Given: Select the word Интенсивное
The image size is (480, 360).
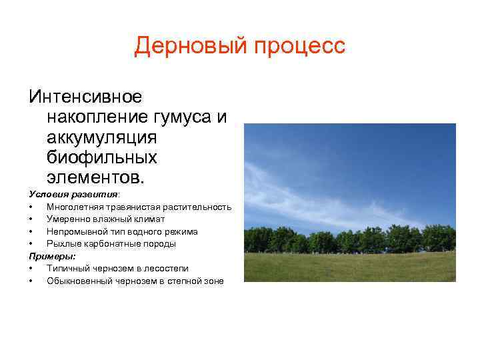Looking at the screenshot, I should pyautogui.click(x=85, y=97).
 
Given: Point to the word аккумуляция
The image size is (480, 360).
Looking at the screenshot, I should pyautogui.click(x=101, y=137).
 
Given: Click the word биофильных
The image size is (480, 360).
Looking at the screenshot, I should pyautogui.click(x=102, y=158).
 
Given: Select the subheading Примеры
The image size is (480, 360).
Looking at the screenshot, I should pyautogui.click(x=52, y=256).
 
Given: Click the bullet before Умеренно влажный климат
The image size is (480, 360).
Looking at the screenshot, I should pyautogui.click(x=31, y=219).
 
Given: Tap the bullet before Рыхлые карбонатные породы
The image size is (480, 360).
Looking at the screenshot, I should pyautogui.click(x=31, y=244).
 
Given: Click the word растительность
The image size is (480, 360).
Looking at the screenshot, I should pyautogui.click(x=200, y=207).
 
